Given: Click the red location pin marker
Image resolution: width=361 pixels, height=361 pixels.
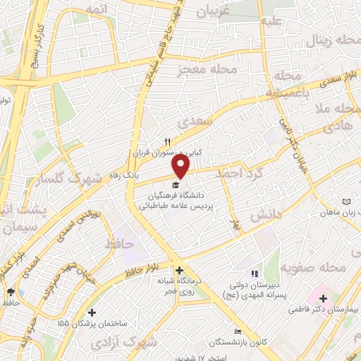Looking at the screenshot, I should (x=182, y=165).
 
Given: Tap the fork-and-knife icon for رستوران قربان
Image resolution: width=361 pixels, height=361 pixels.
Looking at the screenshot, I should (x=168, y=142).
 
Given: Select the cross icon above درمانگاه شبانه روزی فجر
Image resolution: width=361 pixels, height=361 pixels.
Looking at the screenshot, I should (x=180, y=270).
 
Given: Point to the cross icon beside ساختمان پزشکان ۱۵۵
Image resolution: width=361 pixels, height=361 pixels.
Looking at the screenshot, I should (x=92, y=312).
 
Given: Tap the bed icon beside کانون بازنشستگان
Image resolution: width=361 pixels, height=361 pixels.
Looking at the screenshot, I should (x=238, y=331).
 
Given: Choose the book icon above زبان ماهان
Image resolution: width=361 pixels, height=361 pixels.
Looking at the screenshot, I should (x=345, y=202).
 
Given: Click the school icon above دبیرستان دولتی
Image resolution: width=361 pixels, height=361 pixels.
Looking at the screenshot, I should (x=255, y=274).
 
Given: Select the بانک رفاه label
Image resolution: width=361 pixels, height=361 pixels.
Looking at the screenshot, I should (x=149, y=172).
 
